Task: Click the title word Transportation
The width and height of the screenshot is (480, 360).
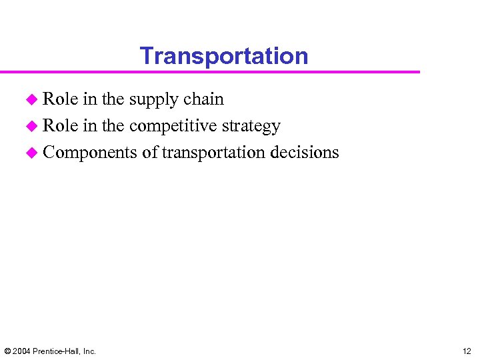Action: [x=224, y=56]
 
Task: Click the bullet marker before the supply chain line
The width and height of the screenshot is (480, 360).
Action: [x=31, y=100]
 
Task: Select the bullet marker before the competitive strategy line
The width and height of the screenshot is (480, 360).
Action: [x=31, y=127]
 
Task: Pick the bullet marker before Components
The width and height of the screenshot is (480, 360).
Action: [x=31, y=153]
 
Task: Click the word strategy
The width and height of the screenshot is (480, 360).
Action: [x=253, y=127]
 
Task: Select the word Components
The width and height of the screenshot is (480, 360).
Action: [x=90, y=153]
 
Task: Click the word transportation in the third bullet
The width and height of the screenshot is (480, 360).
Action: [x=213, y=153]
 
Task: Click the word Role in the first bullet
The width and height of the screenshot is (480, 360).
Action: [x=60, y=99]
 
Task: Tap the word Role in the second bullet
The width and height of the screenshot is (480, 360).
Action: [x=60, y=126]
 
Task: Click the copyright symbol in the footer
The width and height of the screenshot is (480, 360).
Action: [x=7, y=351]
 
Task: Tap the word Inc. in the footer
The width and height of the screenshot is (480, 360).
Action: [x=89, y=351]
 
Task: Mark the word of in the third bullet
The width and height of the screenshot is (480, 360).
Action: [x=149, y=153]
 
